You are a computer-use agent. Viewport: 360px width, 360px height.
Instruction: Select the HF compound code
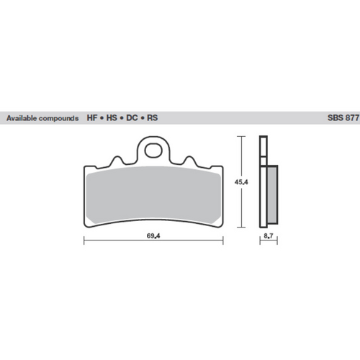point(93,118)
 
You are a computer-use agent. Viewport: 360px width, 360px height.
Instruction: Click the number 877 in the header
point(346,118)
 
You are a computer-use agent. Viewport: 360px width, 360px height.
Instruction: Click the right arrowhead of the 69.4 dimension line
point(221,241)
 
